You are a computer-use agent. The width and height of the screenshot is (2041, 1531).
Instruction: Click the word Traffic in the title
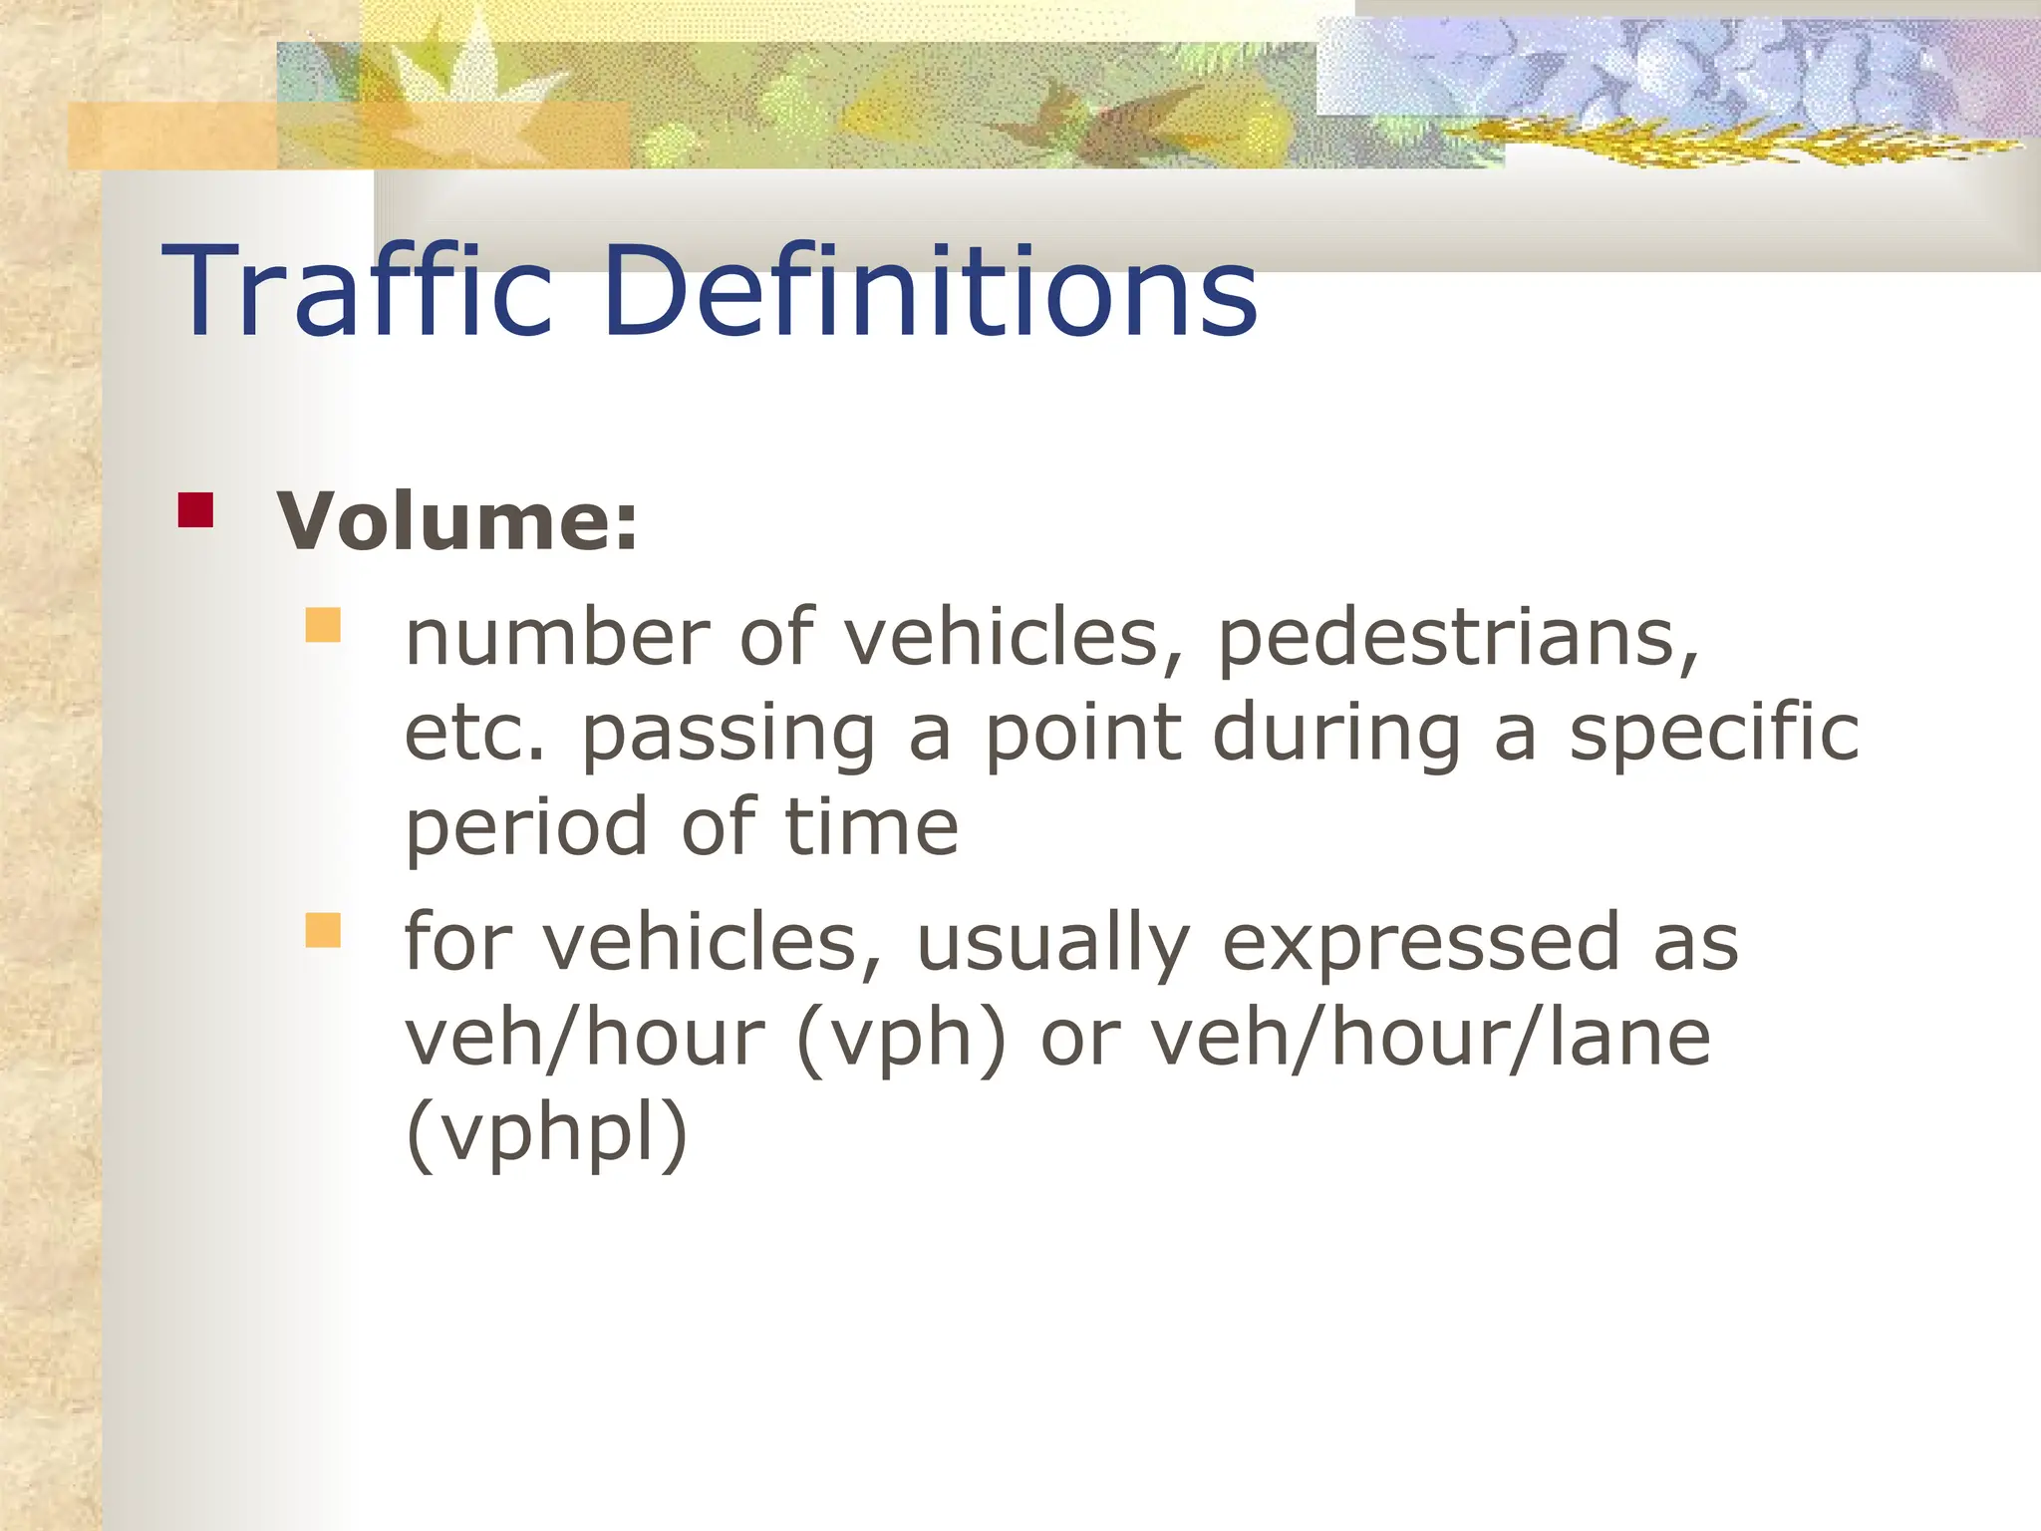[357, 291]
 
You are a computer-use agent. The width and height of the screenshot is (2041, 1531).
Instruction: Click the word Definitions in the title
[929, 291]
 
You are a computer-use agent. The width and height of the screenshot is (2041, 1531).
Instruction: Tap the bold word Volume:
[457, 520]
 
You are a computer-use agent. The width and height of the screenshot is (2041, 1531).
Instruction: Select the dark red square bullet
[195, 509]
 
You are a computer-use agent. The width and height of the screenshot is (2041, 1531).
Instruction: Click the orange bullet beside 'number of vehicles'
[323, 625]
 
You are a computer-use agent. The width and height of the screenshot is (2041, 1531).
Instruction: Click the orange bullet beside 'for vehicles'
[323, 930]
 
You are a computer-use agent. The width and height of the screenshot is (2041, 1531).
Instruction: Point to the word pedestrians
[1458, 640]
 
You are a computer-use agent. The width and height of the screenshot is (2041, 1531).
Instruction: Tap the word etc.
[475, 733]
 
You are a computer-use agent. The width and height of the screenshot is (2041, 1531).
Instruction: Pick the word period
[527, 830]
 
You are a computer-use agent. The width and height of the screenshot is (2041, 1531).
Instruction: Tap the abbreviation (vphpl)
[547, 1134]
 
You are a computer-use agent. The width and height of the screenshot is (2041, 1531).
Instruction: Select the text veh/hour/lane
[1431, 1039]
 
